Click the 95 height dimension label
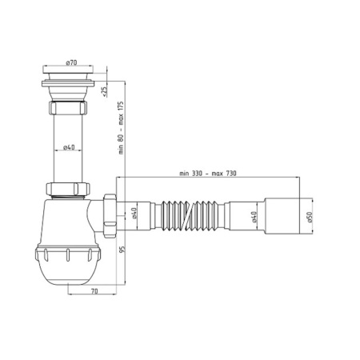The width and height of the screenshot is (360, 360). (122, 250)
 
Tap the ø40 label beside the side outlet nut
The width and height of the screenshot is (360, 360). (134, 214)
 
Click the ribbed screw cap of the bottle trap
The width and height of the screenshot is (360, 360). (70, 261)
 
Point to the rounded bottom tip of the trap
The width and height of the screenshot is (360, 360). (70, 284)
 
